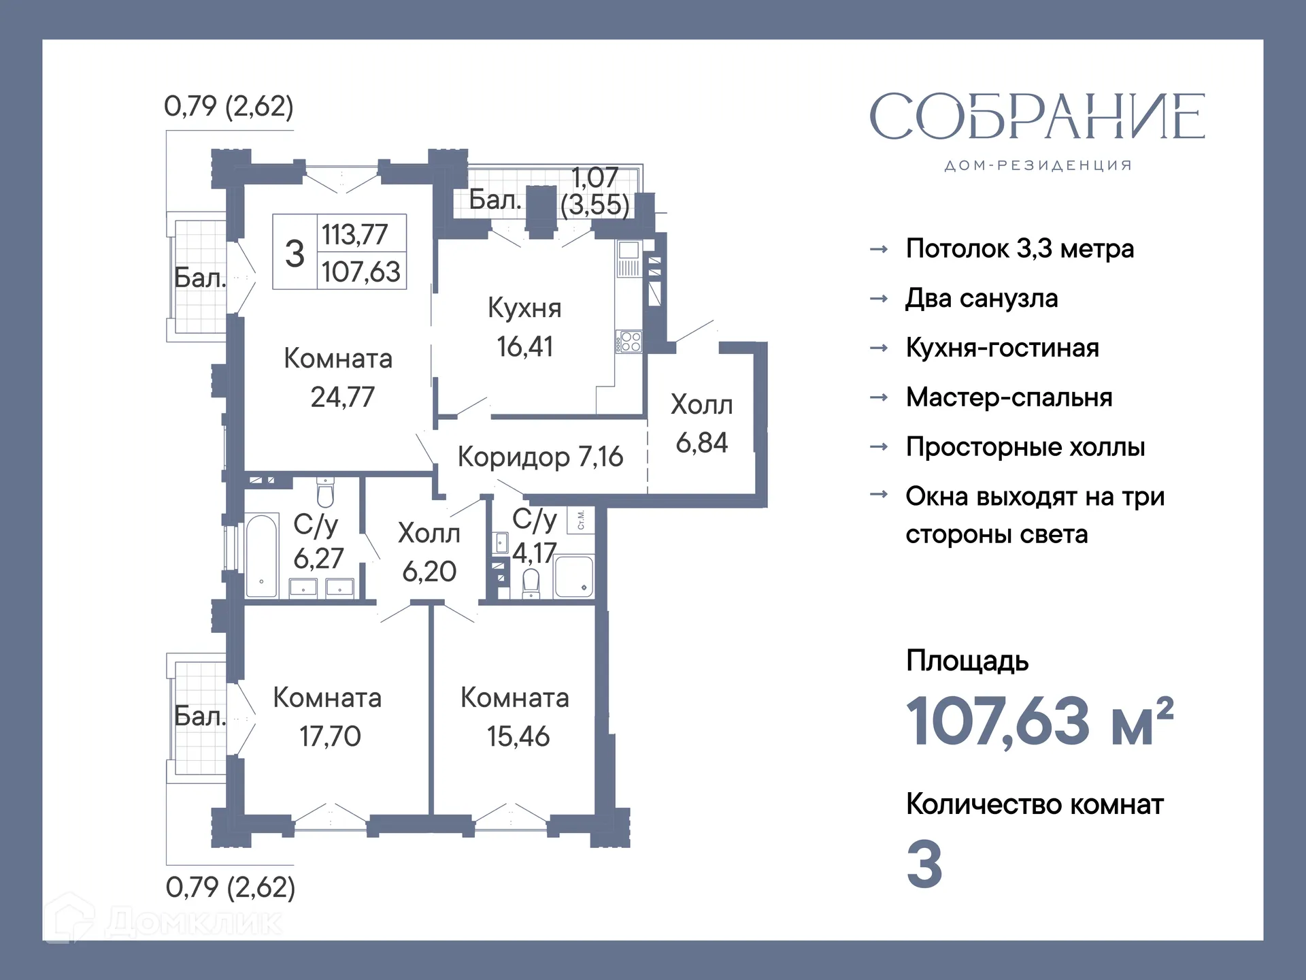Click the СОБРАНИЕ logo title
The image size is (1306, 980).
1037,117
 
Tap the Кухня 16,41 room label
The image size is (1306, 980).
524,327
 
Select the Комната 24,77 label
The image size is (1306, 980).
339,378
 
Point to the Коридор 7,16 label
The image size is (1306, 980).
540,457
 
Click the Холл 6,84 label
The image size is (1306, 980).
701,423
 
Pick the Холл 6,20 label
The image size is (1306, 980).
429,552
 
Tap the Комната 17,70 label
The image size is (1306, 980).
328,717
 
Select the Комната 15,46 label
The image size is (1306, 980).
515,717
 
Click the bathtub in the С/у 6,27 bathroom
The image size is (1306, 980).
262,555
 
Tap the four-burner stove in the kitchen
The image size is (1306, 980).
630,342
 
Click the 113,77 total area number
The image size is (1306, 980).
354,235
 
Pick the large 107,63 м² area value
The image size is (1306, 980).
1039,721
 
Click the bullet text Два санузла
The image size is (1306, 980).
982,299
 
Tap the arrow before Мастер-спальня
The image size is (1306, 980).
879,397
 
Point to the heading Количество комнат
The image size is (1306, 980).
1034,804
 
